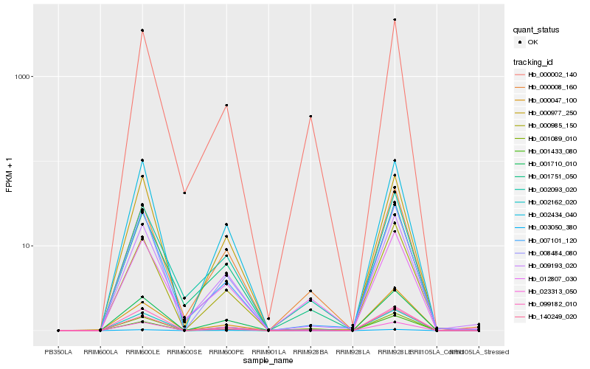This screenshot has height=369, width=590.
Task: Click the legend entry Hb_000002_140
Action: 551,75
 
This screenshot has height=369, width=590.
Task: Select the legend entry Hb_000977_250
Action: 551,113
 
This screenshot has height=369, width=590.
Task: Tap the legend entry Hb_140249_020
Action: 551,316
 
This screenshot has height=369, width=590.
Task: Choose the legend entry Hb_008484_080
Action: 551,252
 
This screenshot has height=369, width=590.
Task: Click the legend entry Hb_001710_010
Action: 551,164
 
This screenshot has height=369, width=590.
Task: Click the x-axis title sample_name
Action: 268,361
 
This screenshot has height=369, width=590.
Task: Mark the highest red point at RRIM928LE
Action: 395,20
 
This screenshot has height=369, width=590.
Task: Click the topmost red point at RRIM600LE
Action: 142,30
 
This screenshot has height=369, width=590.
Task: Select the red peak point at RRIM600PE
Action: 226,106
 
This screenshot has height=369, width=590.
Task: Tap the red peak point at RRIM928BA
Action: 310,117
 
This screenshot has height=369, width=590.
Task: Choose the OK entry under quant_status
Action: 541,42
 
